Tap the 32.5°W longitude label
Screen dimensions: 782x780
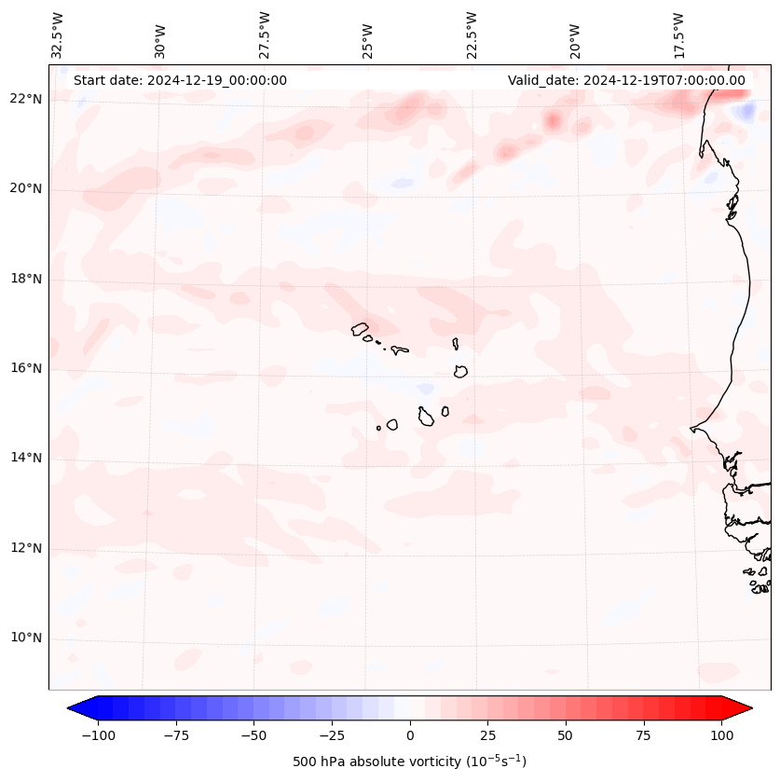(x=58, y=35)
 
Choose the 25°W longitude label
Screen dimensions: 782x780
(x=368, y=35)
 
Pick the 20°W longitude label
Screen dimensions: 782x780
(x=575, y=35)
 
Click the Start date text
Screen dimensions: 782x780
(x=180, y=80)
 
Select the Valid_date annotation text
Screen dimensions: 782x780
(x=626, y=80)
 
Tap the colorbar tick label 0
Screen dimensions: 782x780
(x=410, y=735)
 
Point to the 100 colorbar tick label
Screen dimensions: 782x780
(x=720, y=735)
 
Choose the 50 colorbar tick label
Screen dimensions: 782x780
(x=566, y=735)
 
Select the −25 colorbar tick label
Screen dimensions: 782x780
(x=332, y=735)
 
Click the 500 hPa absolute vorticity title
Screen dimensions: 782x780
(x=410, y=761)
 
